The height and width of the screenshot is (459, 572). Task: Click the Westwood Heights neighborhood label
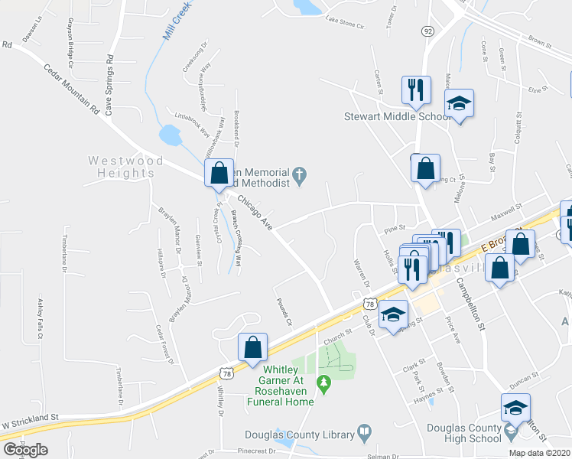click(125, 167)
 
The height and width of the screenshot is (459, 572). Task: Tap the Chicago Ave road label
click(255, 213)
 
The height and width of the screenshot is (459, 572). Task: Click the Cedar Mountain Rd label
click(73, 91)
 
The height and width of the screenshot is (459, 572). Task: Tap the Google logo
click(26, 450)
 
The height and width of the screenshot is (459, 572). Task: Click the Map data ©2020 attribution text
click(539, 453)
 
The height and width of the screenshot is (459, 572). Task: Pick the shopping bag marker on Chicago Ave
click(219, 174)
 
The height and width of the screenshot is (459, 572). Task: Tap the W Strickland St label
click(30, 419)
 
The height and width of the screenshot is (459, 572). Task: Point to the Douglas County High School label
click(464, 433)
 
